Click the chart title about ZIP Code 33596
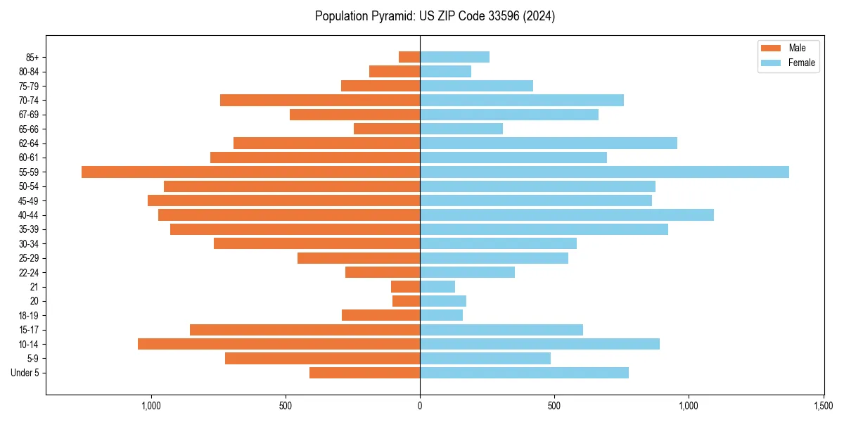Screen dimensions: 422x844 coord(435,16)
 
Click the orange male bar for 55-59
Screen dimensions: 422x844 coord(250,172)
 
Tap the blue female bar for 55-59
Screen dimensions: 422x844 coord(604,172)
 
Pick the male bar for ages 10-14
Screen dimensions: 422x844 coord(279,344)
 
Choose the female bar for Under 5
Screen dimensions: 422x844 coord(524,373)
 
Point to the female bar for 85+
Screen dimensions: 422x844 coord(454,57)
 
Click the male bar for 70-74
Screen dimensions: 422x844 coord(320,100)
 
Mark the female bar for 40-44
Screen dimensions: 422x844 coord(567,215)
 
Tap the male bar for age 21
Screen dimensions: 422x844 coord(406,286)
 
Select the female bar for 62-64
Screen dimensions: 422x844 coord(549,143)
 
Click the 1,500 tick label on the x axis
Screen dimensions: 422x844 coord(823,406)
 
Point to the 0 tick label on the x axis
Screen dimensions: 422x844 coord(420,406)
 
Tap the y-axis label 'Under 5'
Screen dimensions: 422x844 coord(25,373)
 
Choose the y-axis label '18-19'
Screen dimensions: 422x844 coord(29,315)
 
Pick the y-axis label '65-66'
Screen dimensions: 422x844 coord(29,129)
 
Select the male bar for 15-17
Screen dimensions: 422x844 coord(305,330)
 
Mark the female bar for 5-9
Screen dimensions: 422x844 coord(485,358)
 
